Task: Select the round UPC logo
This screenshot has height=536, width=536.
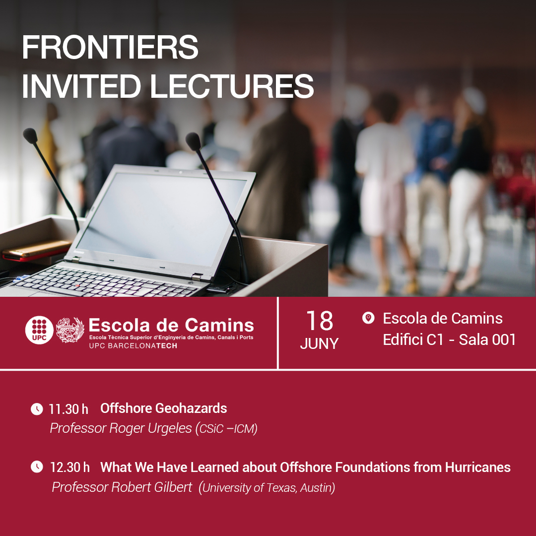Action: [x=39, y=330]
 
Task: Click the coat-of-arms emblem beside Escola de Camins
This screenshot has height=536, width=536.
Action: [x=70, y=330]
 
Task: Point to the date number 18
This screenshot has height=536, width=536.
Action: [x=319, y=321]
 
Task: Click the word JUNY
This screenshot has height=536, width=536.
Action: [x=319, y=343]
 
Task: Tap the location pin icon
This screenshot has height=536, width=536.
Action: [x=368, y=318]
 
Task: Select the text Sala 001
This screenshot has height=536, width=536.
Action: [x=487, y=339]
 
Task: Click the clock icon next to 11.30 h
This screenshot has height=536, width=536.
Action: [x=37, y=409]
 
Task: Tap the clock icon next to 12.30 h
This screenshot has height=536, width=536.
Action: [x=37, y=467]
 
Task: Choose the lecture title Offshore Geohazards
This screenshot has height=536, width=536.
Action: [x=164, y=408]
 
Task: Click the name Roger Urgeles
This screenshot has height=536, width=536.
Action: [x=150, y=428]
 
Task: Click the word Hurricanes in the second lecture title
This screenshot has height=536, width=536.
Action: [x=478, y=468]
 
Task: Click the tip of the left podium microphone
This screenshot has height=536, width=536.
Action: [x=30, y=135]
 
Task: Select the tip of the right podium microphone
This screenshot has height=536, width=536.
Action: [x=193, y=141]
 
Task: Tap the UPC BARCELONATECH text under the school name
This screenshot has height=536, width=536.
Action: [x=133, y=345]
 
